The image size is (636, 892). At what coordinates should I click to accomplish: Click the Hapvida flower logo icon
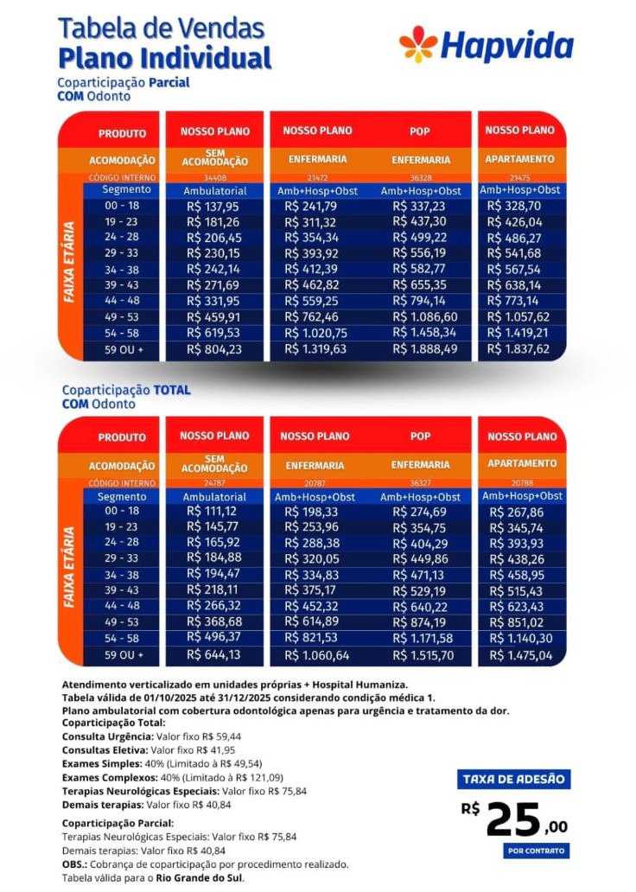[x=418, y=44]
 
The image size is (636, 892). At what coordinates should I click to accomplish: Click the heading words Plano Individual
[x=164, y=59]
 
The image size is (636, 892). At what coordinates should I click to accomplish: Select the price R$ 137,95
[x=213, y=206]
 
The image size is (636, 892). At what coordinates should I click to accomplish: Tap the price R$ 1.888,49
[x=424, y=349]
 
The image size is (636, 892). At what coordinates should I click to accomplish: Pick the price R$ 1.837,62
[x=518, y=349]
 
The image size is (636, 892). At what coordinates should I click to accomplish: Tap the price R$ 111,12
[x=213, y=512]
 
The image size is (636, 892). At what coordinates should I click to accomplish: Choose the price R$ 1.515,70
[x=423, y=656]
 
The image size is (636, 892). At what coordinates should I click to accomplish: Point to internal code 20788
[x=521, y=482]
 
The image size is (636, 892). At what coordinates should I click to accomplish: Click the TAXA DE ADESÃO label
[x=512, y=780]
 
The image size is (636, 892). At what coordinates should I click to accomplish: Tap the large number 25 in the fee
[x=513, y=819]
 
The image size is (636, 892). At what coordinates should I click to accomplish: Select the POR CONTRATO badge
[x=535, y=851]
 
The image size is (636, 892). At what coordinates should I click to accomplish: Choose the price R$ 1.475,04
[x=518, y=656]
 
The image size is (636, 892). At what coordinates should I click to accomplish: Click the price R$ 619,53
[x=213, y=333]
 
